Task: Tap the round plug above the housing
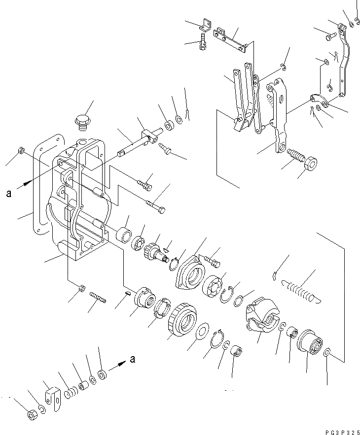click(81, 120)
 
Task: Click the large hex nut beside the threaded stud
click(312, 163)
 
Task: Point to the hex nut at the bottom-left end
click(31, 415)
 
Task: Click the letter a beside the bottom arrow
click(133, 360)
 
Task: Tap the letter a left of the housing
click(8, 194)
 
